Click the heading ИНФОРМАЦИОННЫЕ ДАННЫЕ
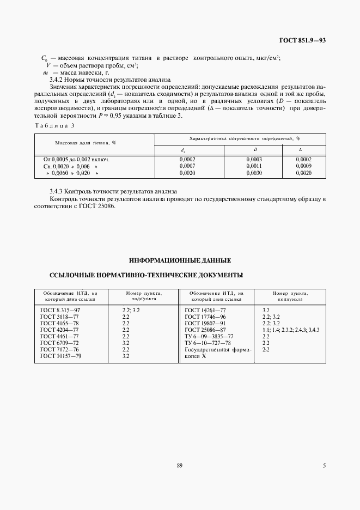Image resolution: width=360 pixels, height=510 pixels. pos(180,260)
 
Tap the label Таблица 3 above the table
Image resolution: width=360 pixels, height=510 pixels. pos(51,125)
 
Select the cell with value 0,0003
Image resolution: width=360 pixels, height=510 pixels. pos(254,159)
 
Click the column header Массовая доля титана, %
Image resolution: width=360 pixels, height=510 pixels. pos(86,143)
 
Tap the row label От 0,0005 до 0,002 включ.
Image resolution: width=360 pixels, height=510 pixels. pos(76,159)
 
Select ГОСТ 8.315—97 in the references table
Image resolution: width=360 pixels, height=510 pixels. pos(60,310)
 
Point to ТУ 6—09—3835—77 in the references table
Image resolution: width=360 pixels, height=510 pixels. pos(209,336)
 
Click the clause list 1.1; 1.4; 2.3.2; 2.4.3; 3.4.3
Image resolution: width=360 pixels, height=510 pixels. pos(290,330)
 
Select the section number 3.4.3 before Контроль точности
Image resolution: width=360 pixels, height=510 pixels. pos(56,192)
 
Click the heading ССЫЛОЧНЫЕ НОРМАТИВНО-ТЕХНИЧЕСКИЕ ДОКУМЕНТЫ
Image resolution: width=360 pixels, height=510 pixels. pos(146,275)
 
